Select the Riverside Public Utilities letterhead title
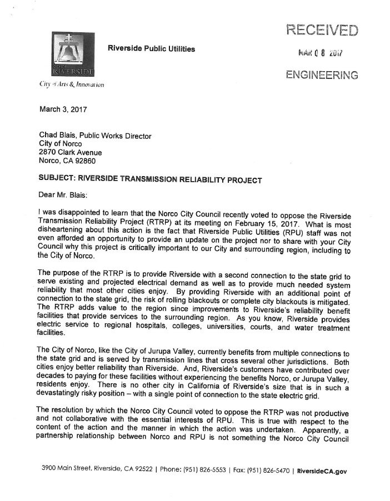(152, 49)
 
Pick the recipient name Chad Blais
(60, 136)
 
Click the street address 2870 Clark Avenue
(71, 153)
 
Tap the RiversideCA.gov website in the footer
(322, 471)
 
